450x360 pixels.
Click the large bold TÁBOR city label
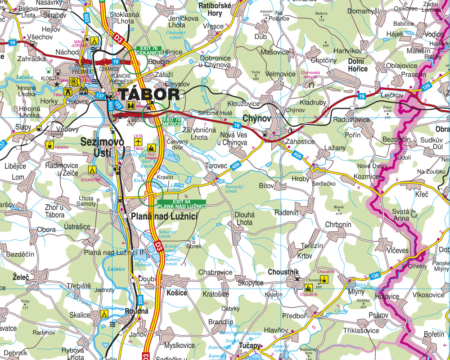pos(148,94)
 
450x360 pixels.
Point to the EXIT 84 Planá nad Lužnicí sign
pos(181,203)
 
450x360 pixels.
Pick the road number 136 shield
pos(375,275)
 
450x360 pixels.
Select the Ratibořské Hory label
pos(215,9)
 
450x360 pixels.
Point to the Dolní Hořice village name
pos(358,65)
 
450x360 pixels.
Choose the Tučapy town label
pos(250,346)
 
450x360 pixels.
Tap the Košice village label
pos(176,293)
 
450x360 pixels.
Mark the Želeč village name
pos(21,277)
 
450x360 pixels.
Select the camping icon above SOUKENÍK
pos(92,170)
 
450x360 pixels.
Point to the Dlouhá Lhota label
pos(244,219)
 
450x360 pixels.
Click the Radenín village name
pos(286,212)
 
